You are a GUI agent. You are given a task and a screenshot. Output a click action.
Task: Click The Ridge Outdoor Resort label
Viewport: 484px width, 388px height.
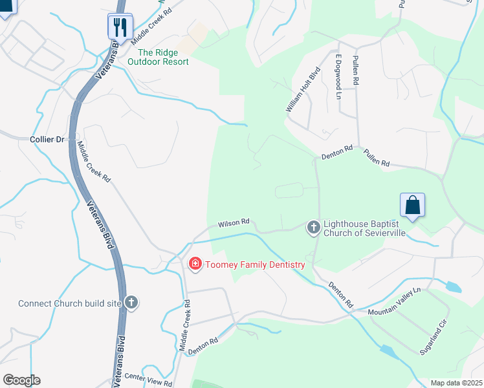coord(158,58)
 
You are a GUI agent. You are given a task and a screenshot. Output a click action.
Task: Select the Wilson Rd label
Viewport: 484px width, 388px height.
coord(234,222)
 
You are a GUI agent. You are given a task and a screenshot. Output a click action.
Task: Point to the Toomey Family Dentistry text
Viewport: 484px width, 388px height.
coord(254,264)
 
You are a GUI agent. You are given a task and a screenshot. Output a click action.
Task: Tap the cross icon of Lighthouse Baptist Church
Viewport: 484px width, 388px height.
coord(313,227)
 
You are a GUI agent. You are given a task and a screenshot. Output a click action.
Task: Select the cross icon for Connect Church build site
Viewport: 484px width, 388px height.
coord(131,303)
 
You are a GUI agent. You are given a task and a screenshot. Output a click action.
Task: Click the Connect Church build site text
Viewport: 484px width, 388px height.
coord(70,303)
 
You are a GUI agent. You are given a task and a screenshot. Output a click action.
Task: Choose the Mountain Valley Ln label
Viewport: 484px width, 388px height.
coord(394,302)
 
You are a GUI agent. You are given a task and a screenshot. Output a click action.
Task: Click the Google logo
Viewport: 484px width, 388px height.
coord(21,380)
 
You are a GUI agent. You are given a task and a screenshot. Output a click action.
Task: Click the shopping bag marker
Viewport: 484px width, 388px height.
coord(412,206)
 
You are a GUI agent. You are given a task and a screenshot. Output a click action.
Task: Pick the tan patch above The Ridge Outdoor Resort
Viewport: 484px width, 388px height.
coord(194,39)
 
